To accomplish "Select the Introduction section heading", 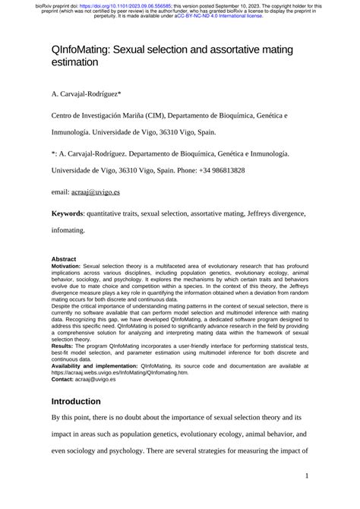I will click(x=76, y=401).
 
